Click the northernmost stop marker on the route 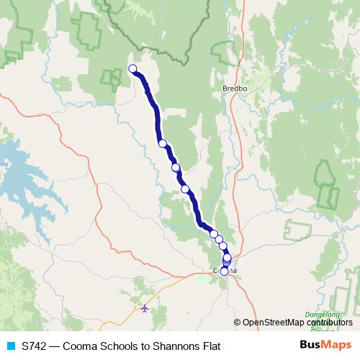132,69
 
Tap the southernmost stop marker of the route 225,271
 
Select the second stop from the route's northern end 163,143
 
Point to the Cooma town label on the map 224,271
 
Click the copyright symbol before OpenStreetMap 238,323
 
